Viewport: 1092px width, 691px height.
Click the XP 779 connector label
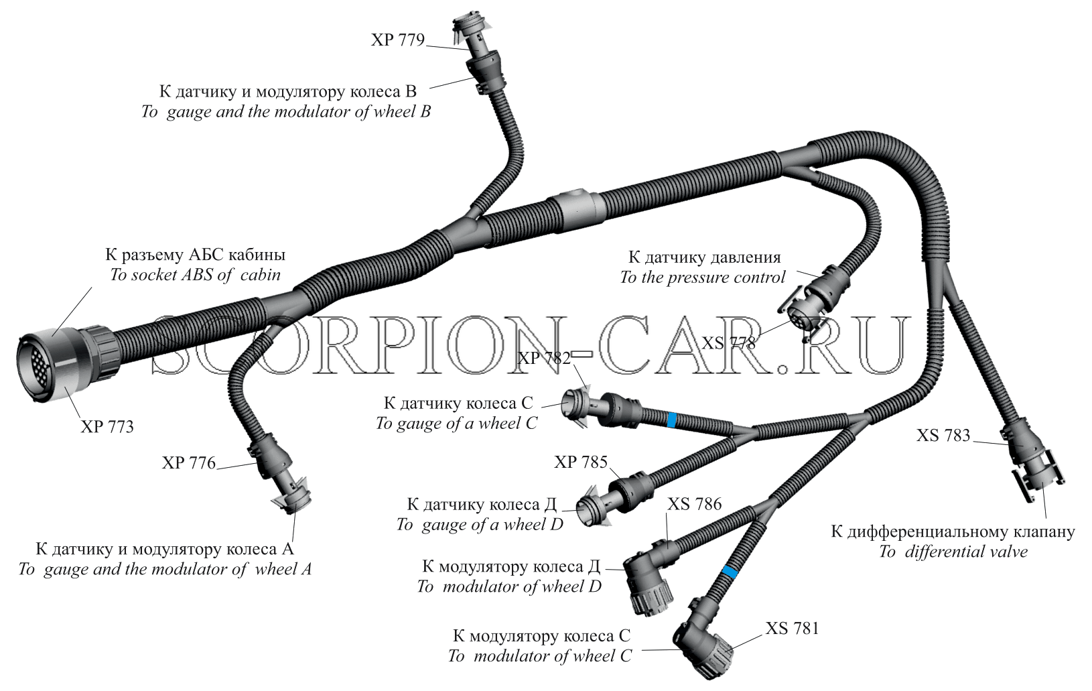pos(398,40)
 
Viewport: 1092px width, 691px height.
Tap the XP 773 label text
pos(107,427)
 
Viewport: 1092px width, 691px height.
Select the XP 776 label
pos(189,462)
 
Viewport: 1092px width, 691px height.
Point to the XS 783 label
pos(943,435)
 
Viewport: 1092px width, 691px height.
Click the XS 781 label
pos(792,628)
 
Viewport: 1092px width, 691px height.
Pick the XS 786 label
pos(694,504)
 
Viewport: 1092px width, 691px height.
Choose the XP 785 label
pos(581,461)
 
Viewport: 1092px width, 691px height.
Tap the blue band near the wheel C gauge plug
pos(671,420)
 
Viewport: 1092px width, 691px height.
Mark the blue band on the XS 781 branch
pos(729,572)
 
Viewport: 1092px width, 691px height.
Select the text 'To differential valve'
pos(953,552)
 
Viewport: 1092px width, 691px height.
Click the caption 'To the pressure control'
pos(703,277)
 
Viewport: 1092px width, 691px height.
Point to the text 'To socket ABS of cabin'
pos(196,275)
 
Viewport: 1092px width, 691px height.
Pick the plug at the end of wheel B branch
pos(475,54)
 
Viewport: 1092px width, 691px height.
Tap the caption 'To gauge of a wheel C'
pos(456,424)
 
